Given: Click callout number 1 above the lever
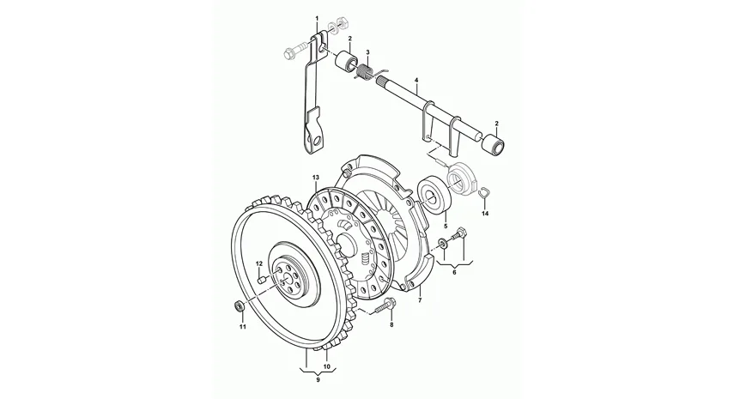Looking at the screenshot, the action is point(317,18).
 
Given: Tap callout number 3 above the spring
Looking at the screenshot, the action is point(368,52).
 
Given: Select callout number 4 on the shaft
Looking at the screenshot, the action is point(416,81).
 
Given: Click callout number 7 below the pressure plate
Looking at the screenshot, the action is point(420,300).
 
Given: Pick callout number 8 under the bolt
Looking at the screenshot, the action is point(391,324).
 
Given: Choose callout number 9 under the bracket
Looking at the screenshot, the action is point(318,380).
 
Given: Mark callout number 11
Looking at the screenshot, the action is point(242,327).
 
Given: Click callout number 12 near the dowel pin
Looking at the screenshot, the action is point(259,263).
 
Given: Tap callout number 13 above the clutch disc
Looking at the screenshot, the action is point(316,178).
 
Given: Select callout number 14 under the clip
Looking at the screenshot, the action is point(485,214).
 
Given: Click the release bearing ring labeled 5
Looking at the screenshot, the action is point(434,194).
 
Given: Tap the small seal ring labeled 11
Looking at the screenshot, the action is point(240,306).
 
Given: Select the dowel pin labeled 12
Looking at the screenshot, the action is point(262,279).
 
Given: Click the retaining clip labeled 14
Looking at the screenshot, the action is point(483,193).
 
